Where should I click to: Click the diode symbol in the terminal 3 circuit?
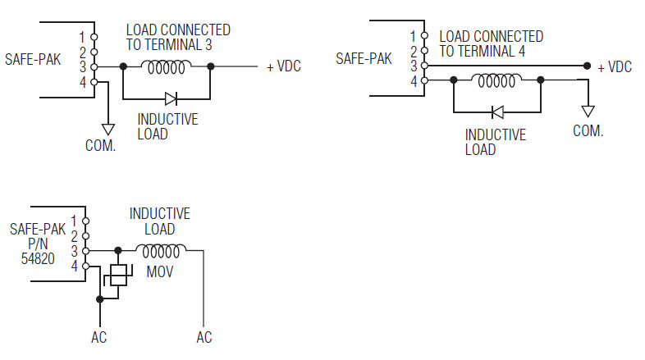[x=171, y=98]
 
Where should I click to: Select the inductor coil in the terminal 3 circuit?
[x=167, y=66]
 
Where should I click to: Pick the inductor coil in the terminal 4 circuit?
[x=496, y=80]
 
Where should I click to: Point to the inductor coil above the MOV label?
[x=161, y=249]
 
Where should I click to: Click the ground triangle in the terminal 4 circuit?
[x=587, y=111]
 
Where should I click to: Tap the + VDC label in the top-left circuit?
[x=284, y=67]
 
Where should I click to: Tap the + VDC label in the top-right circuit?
[x=615, y=67]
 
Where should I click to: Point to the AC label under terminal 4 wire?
[x=98, y=337]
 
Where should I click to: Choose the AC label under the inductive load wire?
[x=204, y=337]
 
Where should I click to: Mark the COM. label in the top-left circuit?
[x=101, y=146]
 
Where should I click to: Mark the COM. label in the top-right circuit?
[x=588, y=130]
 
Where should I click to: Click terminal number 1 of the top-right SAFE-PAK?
[x=413, y=36]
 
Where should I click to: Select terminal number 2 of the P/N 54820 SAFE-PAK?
[x=74, y=235]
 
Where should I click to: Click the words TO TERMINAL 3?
[x=169, y=45]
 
